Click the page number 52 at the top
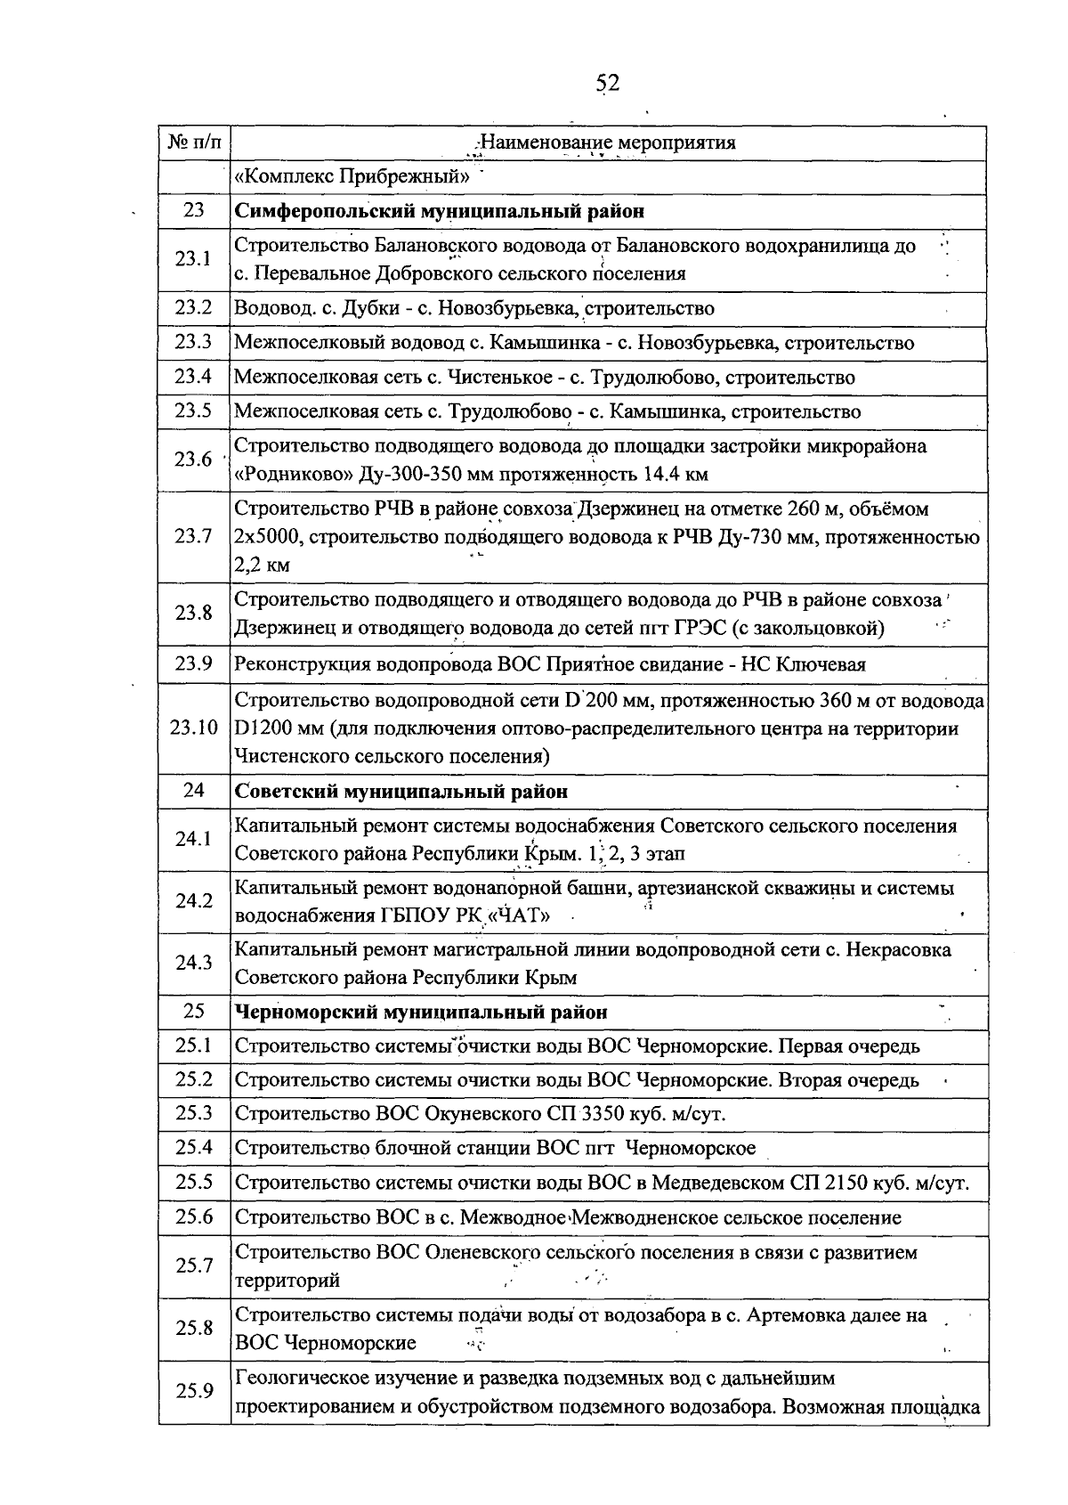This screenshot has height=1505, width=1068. tap(607, 84)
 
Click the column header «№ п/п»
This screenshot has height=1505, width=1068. tap(194, 142)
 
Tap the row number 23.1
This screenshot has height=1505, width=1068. tap(194, 259)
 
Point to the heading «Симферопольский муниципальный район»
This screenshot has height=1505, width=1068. tap(439, 211)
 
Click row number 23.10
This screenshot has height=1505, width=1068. tap(194, 728)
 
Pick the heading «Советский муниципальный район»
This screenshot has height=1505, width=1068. tap(400, 791)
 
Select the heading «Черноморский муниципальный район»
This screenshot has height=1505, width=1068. tap(421, 1012)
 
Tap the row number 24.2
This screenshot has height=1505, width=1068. tap(194, 901)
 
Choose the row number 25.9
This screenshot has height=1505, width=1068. tap(194, 1391)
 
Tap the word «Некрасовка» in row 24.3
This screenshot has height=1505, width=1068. tap(898, 949)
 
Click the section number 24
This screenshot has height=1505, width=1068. tap(194, 791)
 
